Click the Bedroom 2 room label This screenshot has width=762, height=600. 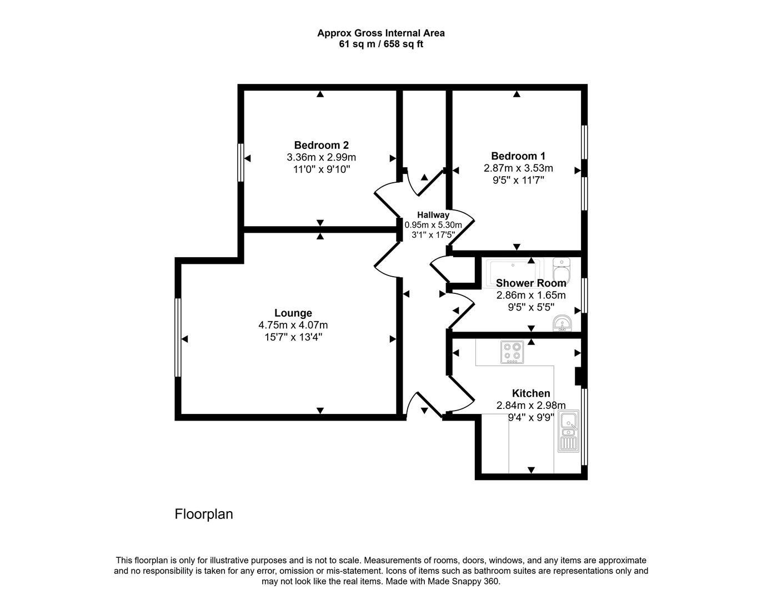321,145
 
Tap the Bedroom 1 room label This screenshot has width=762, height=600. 518,156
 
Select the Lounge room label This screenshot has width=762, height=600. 293,313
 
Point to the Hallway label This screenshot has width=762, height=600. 433,214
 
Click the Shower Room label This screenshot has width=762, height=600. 531,283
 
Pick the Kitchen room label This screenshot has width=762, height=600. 531,393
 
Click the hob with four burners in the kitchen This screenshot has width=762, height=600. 512,352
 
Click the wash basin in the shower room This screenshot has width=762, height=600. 562,323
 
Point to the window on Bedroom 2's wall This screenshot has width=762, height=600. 240,163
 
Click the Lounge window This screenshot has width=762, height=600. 178,338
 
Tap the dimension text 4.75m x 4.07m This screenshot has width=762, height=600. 293,325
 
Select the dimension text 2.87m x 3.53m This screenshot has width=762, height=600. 518,168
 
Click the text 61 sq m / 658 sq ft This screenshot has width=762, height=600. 381,44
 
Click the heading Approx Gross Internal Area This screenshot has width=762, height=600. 381,33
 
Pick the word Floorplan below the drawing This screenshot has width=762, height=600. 204,514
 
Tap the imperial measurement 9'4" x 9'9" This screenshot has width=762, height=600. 531,418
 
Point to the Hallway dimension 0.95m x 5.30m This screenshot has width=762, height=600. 433,225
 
